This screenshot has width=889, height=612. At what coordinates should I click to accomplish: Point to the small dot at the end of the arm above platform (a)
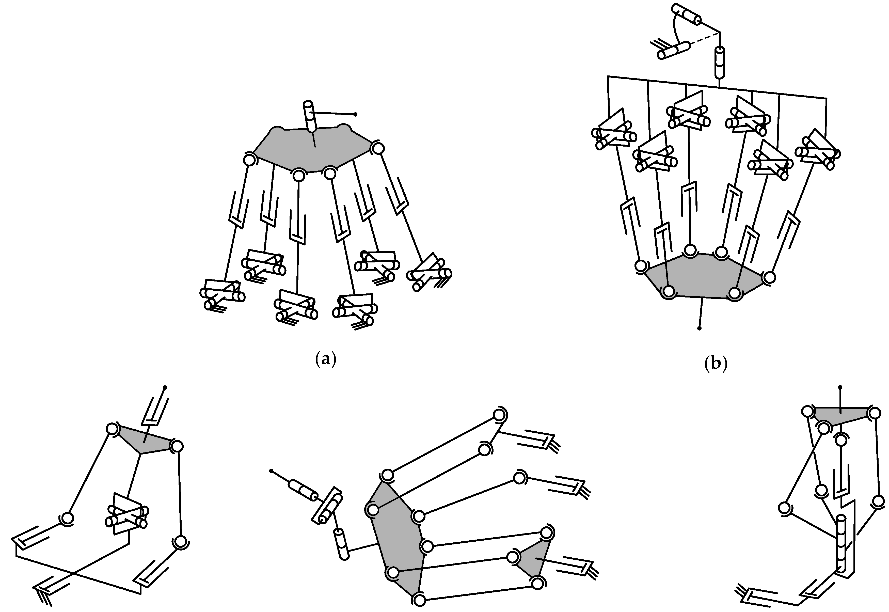click(355, 114)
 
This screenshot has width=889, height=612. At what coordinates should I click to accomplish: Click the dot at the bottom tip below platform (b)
click(699, 329)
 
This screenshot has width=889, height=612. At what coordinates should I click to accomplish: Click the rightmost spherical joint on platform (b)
click(768, 277)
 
